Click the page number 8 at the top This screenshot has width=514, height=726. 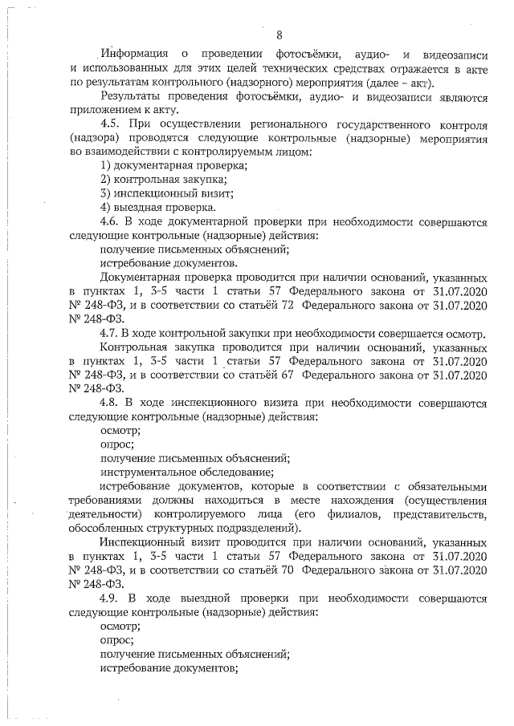click(279, 34)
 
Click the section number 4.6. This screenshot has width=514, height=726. click(111, 221)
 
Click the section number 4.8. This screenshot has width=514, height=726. click(111, 403)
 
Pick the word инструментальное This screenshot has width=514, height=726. click(149, 472)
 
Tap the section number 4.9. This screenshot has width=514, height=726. click(111, 598)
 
